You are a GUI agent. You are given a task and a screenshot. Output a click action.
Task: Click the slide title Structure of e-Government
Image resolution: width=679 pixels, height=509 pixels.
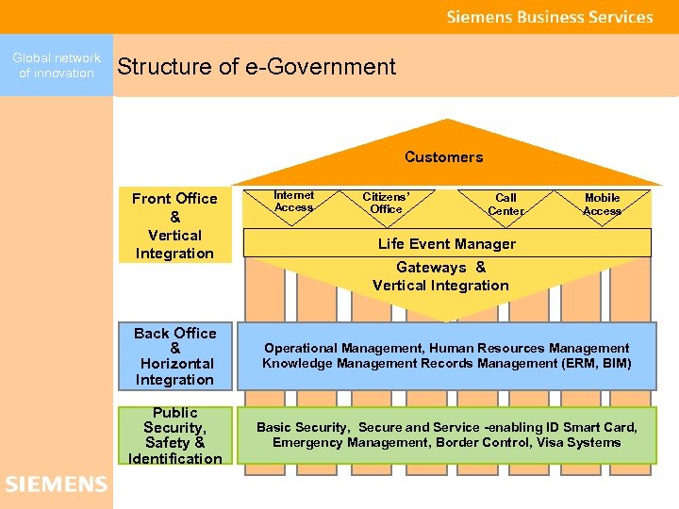[x=257, y=67]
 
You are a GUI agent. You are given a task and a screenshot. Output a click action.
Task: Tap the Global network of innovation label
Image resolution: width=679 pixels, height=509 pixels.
[x=57, y=66]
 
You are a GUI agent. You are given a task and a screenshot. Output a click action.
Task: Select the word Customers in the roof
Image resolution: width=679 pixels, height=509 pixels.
[x=443, y=156]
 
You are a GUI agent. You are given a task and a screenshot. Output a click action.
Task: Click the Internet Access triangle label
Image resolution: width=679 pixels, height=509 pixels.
[x=293, y=201]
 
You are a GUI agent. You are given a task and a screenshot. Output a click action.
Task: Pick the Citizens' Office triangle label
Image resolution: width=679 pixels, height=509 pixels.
[x=386, y=203]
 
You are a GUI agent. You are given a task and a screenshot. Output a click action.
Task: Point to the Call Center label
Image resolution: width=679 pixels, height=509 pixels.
[x=505, y=205]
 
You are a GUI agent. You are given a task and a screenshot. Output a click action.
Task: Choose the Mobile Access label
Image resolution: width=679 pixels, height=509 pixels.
[x=602, y=205]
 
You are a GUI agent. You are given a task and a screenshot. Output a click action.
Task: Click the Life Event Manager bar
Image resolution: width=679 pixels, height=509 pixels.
[x=447, y=243]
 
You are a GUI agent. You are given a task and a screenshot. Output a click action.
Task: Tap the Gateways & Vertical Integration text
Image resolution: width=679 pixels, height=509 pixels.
[x=440, y=276]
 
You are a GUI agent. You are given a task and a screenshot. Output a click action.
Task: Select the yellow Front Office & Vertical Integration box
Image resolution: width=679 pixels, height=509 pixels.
[x=174, y=226]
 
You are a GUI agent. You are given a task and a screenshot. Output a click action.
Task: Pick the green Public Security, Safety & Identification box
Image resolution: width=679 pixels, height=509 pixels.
[x=174, y=435]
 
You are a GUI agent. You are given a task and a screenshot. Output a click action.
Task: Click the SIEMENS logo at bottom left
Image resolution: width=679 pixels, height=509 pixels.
[x=57, y=484]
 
